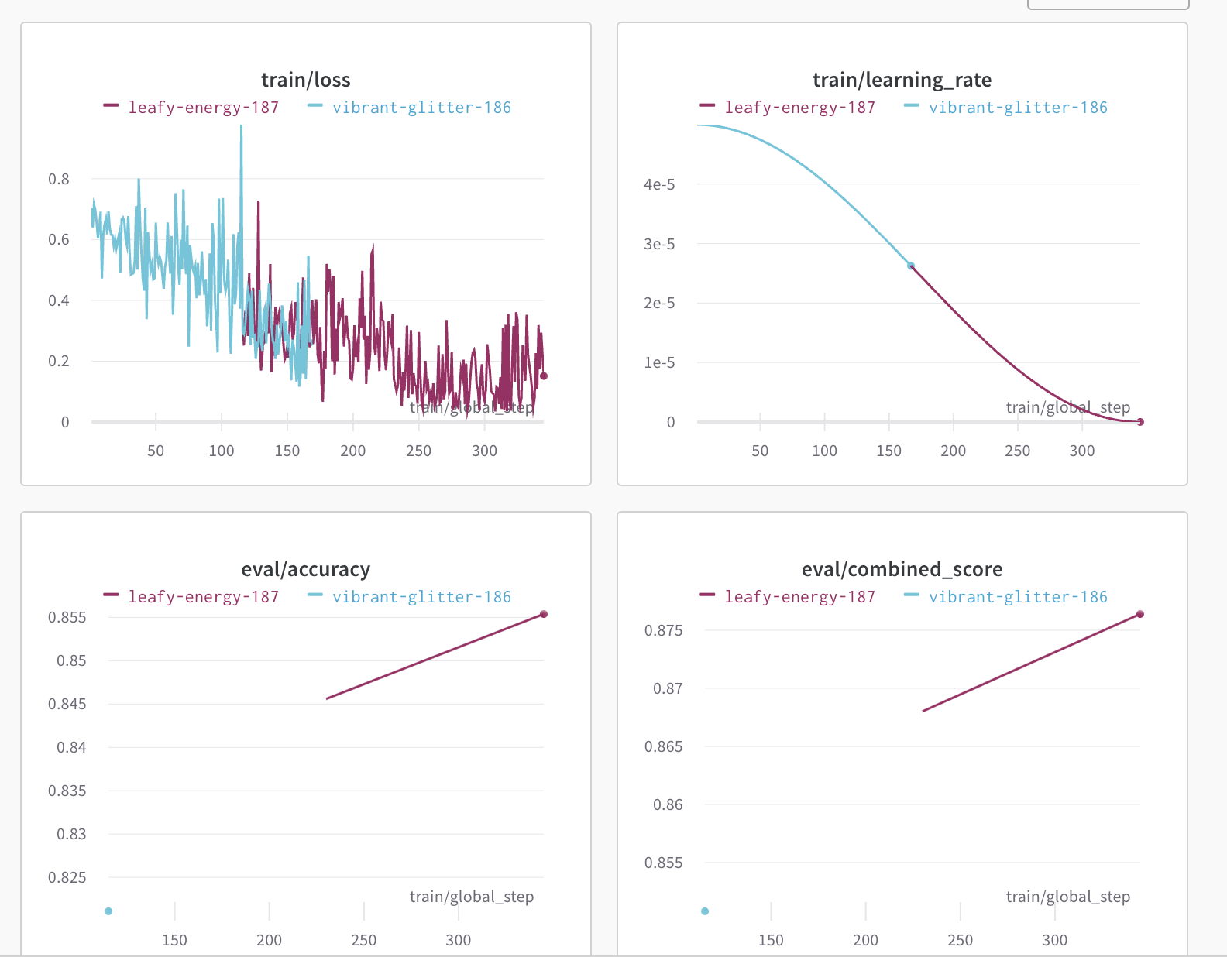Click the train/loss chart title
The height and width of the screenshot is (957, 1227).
305,80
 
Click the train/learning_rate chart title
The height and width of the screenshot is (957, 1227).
902,80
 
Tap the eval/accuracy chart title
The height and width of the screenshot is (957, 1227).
305,569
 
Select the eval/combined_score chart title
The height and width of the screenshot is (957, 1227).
902,569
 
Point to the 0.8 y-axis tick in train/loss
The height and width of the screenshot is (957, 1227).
59,179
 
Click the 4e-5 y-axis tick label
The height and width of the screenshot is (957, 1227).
659,184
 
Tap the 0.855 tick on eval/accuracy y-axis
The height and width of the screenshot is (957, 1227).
67,617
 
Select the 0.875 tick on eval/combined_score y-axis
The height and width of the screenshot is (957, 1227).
664,630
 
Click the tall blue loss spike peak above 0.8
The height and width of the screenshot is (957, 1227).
241,128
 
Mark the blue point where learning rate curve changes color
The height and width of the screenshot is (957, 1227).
911,266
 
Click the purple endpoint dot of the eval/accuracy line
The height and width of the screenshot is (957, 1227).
544,614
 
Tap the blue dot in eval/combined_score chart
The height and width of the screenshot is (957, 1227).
705,911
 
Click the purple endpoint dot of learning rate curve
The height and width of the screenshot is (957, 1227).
1140,422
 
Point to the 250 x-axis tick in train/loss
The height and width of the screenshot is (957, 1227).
418,451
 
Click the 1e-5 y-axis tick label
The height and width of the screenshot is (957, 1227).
659,362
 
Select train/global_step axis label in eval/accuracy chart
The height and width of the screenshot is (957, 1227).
471,897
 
